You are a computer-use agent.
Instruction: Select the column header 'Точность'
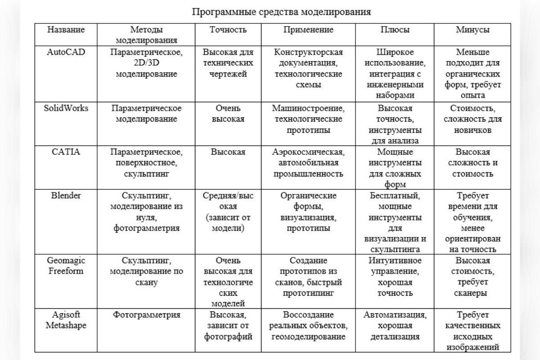228,30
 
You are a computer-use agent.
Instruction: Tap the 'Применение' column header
308,30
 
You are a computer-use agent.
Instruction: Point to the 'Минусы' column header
472,30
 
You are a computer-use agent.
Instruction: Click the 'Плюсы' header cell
395,30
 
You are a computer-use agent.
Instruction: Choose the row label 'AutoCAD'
66,52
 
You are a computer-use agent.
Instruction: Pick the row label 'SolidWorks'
66,108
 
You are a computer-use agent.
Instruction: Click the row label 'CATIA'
66,152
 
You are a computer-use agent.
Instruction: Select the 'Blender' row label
66,196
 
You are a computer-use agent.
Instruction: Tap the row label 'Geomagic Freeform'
66,266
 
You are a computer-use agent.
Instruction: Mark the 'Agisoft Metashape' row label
66,319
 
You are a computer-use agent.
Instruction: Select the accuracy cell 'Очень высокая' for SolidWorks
228,113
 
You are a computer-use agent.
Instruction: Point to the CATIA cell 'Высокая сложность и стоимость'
472,162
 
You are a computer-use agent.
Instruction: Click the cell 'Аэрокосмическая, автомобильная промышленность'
308,162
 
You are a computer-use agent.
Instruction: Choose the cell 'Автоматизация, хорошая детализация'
395,325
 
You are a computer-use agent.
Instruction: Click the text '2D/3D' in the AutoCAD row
146,63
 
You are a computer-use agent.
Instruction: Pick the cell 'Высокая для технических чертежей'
228,63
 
